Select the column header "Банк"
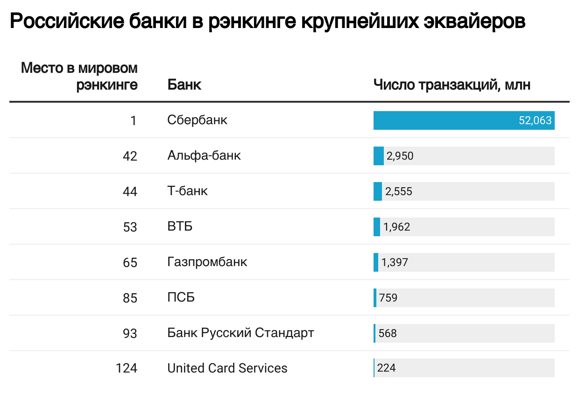[x=184, y=85]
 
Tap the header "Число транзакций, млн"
[x=452, y=85]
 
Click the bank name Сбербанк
[x=197, y=120]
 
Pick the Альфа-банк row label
[x=204, y=155]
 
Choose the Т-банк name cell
[x=187, y=191]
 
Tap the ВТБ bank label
[x=180, y=226]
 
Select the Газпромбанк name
[x=207, y=262]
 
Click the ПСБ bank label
[x=181, y=297]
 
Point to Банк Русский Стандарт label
[x=240, y=333]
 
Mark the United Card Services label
[x=227, y=368]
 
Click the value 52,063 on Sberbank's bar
[x=535, y=120]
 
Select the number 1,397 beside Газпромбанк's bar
[x=395, y=262]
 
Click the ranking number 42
[x=130, y=156]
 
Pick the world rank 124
[x=127, y=369]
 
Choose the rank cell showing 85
[x=130, y=298]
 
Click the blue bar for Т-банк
[x=378, y=191]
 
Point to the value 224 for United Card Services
[x=386, y=368]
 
